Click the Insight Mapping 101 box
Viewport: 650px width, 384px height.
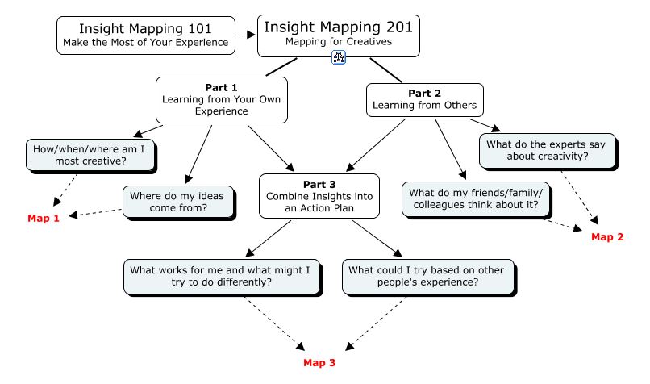click(x=146, y=35)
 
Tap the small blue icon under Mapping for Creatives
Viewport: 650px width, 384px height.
click(x=339, y=58)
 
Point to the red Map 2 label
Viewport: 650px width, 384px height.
click(x=607, y=236)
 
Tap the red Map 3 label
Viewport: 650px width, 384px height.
click(x=319, y=362)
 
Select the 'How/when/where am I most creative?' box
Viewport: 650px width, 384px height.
click(x=91, y=154)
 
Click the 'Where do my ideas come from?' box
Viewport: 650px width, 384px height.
click(x=179, y=201)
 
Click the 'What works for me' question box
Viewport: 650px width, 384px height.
click(x=218, y=275)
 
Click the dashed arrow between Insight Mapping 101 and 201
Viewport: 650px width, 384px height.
click(x=246, y=35)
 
